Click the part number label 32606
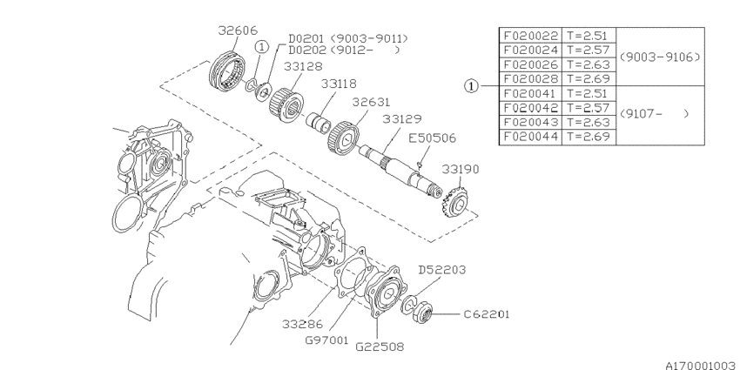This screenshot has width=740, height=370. pyautogui.click(x=237, y=30)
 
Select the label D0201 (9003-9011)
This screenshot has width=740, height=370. pyautogui.click(x=347, y=38)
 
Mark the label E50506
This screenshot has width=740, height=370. pyautogui.click(x=432, y=137)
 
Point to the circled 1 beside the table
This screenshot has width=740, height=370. pyautogui.click(x=471, y=86)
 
